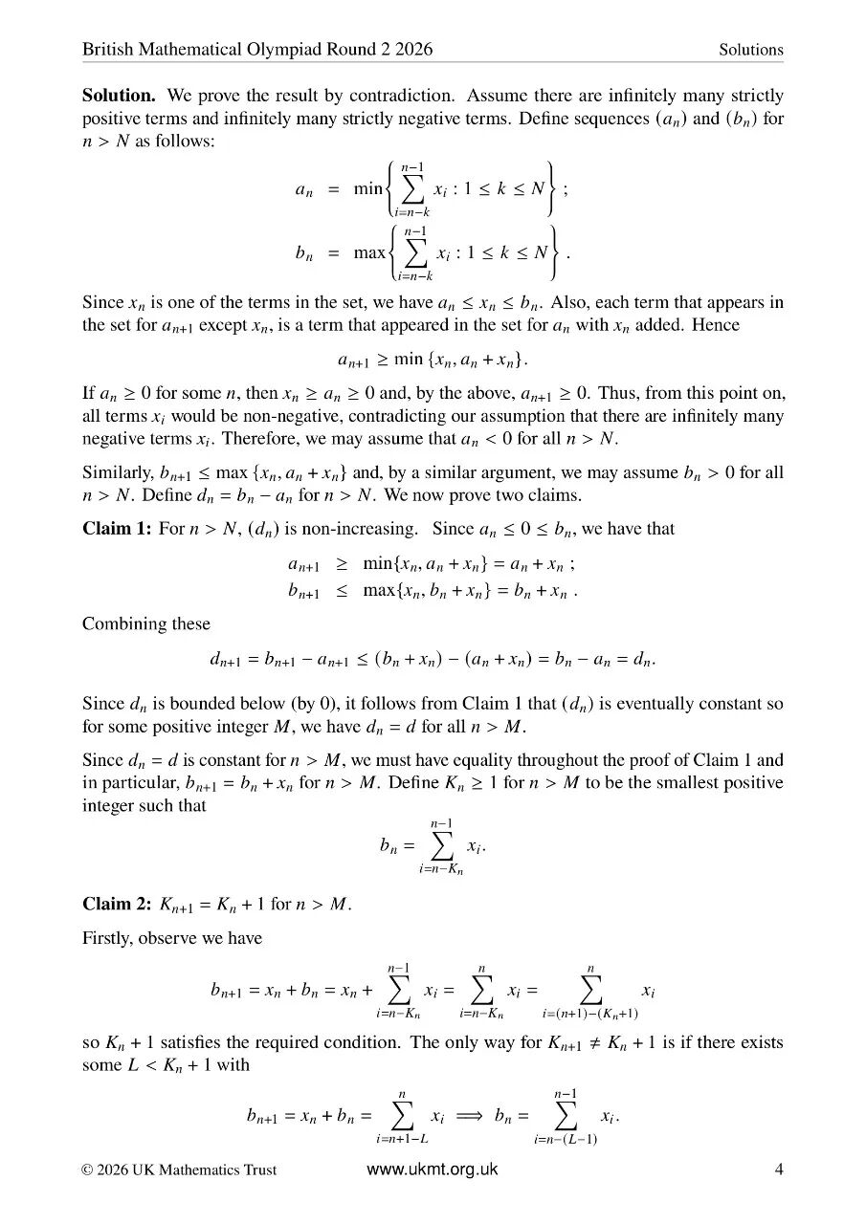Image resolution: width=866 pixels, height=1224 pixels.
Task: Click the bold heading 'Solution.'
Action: (x=120, y=96)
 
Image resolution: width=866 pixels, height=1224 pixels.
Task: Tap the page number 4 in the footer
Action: (x=778, y=1169)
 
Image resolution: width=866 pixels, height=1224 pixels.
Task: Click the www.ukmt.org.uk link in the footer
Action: (x=433, y=1169)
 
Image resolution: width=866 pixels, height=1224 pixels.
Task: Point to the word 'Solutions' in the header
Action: (x=751, y=50)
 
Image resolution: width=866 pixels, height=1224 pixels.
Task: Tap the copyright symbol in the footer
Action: (x=87, y=1169)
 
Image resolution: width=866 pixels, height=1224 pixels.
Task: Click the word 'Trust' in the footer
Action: (x=259, y=1169)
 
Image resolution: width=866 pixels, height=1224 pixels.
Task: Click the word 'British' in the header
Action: (x=106, y=50)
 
